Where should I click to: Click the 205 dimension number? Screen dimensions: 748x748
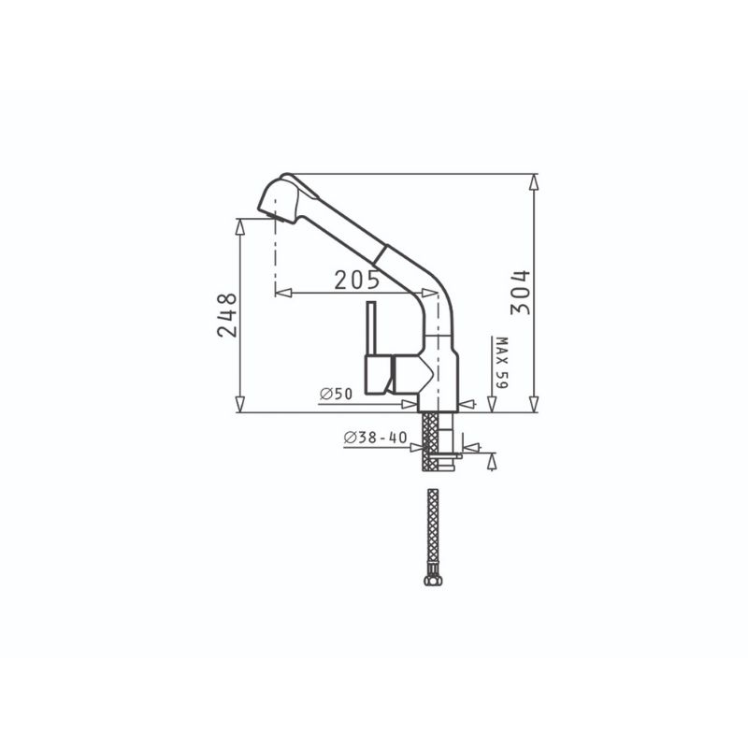[357, 280]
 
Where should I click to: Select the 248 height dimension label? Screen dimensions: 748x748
[227, 315]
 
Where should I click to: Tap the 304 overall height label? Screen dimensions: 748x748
[520, 293]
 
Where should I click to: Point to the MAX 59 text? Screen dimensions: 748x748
[502, 363]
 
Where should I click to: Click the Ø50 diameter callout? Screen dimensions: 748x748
[337, 394]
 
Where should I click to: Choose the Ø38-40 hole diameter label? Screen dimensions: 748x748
[376, 438]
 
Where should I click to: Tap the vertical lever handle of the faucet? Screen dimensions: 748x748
[371, 329]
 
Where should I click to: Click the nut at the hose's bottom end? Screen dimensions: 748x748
[433, 579]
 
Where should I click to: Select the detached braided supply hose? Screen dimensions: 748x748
[433, 537]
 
